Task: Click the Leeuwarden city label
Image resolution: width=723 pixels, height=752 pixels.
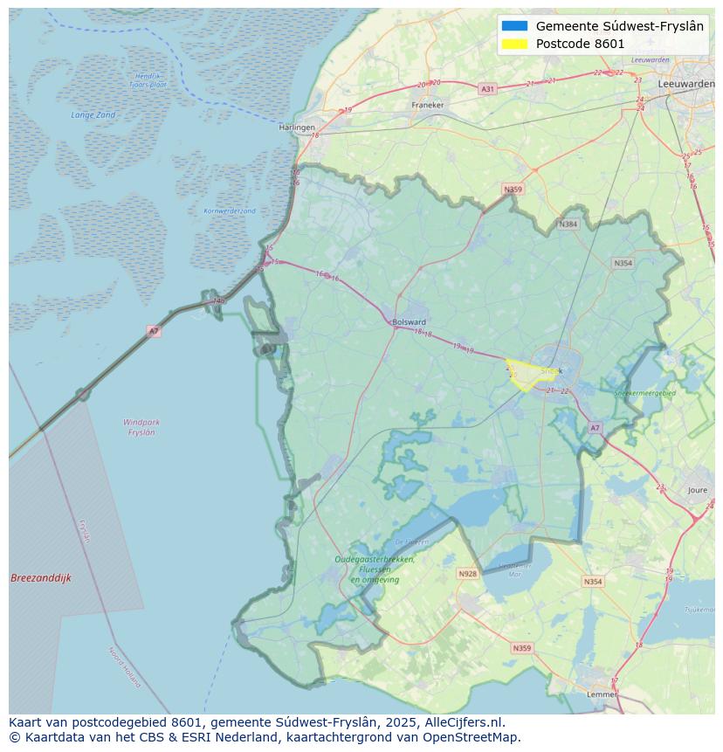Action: (x=685, y=82)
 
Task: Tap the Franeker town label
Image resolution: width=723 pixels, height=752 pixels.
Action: (x=428, y=105)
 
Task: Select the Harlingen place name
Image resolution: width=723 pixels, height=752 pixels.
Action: (x=297, y=128)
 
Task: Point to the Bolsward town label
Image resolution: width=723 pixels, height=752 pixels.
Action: (x=410, y=321)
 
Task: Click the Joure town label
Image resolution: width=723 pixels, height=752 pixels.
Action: (x=697, y=491)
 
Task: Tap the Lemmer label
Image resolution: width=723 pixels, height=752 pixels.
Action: (x=602, y=694)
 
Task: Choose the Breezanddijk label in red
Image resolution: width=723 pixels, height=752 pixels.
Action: (x=41, y=578)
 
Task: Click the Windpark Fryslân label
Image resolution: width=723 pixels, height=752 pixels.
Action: (x=141, y=427)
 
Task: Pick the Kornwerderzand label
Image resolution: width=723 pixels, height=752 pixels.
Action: (x=230, y=210)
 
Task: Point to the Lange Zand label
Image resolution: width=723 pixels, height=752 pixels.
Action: (x=93, y=115)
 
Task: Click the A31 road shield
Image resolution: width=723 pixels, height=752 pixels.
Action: (x=487, y=89)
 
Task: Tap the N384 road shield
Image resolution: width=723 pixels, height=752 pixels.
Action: (x=568, y=224)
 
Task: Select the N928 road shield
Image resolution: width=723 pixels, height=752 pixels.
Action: (x=468, y=574)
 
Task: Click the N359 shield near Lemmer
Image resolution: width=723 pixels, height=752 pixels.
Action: (x=521, y=648)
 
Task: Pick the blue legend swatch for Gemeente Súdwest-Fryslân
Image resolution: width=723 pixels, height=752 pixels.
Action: (x=515, y=26)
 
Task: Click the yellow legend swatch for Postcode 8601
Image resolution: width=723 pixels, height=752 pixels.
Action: (x=515, y=44)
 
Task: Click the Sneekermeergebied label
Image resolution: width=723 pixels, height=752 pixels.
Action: (x=644, y=394)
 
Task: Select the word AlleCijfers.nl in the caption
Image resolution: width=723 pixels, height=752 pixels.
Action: (x=465, y=722)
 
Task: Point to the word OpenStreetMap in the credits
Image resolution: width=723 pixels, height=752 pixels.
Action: (x=472, y=737)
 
